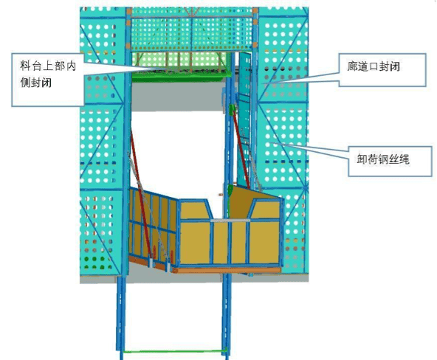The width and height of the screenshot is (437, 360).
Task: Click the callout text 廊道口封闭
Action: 374,66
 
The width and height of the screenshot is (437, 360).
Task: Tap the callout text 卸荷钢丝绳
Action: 383,159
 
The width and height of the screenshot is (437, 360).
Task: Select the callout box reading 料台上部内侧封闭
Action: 48,80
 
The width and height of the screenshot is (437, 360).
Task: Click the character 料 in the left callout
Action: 25,66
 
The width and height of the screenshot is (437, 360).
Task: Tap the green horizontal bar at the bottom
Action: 174,351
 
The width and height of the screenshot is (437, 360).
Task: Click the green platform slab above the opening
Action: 181,75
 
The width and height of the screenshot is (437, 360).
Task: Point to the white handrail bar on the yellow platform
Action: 230,221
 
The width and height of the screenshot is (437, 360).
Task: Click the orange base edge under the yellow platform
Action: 227,270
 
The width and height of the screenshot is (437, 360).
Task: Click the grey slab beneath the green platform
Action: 179,96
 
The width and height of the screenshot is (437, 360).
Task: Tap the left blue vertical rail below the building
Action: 121,317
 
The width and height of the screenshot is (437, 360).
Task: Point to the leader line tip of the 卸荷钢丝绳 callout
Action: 269,142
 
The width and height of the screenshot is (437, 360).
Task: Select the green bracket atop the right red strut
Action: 231,109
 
